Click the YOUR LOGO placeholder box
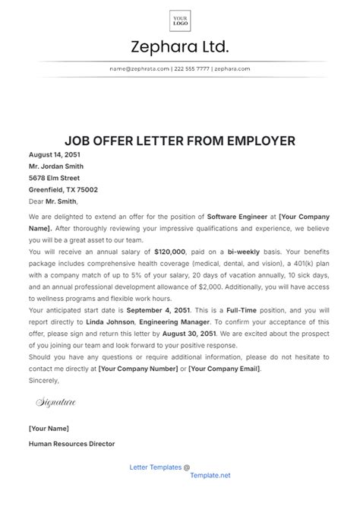(180, 20)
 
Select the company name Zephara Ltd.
(180, 48)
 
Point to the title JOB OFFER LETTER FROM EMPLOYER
(180, 141)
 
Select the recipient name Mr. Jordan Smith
(56, 166)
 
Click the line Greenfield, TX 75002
(63, 190)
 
